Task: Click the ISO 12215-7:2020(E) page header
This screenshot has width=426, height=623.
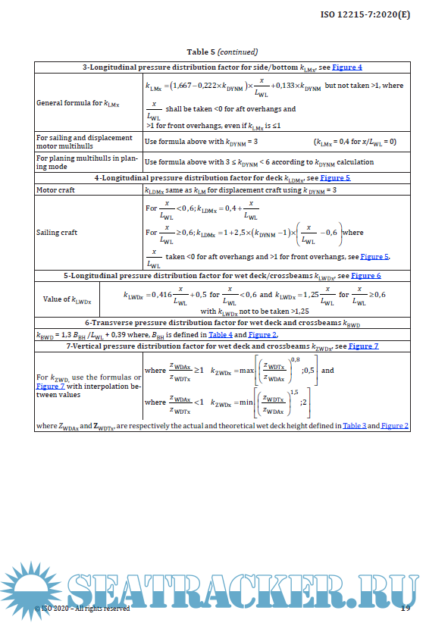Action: pyautogui.click(x=365, y=14)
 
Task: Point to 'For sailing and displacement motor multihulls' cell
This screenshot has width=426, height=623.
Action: pyautogui.click(x=84, y=142)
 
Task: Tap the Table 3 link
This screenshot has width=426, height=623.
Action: pyautogui.click(x=354, y=426)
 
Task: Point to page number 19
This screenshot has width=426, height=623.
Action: pyautogui.click(x=405, y=608)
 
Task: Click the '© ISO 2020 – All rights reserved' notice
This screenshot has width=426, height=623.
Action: pyautogui.click(x=83, y=608)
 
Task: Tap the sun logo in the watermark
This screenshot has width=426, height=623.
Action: pyautogui.click(x=31, y=592)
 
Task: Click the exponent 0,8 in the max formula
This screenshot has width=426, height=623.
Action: pyautogui.click(x=295, y=359)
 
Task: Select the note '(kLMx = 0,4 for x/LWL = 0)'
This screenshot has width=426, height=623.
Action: pyautogui.click(x=355, y=142)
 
